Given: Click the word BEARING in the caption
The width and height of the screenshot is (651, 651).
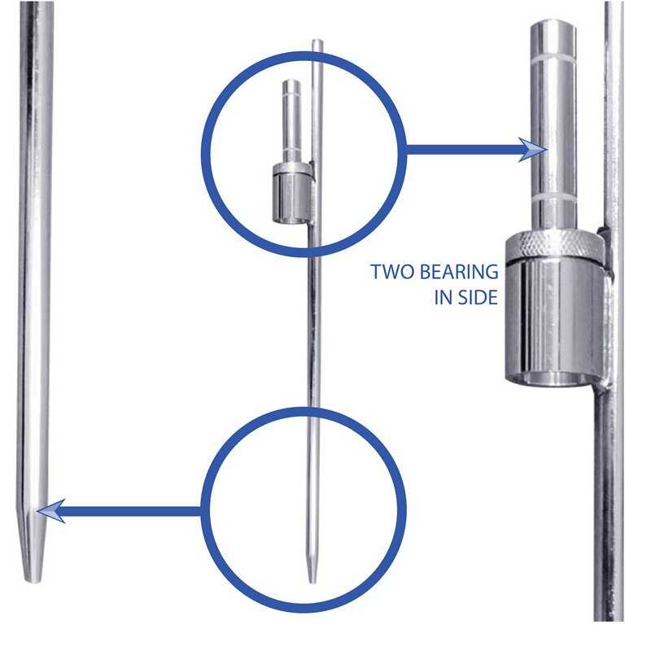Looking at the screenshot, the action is [459, 272].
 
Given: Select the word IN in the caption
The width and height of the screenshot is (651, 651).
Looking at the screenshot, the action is [443, 297].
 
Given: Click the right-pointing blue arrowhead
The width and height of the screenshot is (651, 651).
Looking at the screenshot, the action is [534, 150].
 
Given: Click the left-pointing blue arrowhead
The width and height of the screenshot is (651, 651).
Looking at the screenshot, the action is [51, 511].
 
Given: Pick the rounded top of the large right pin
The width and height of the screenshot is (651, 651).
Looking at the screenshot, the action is [553, 26].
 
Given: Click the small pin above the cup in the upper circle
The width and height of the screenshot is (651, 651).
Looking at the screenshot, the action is [291, 121].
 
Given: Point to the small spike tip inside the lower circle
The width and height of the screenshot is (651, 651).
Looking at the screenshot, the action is [312, 580].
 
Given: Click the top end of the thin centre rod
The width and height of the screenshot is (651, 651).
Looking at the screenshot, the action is [317, 40].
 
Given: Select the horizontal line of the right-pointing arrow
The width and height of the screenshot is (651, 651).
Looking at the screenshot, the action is [463, 150].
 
